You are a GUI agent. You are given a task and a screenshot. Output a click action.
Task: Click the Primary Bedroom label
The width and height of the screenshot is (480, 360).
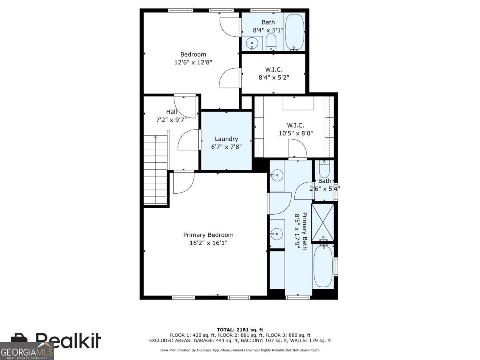coord(208,235)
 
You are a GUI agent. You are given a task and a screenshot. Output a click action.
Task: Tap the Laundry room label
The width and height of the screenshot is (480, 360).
coord(226,139)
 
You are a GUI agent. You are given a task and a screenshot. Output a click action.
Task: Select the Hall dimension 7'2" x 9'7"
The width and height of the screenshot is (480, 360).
coord(172,119)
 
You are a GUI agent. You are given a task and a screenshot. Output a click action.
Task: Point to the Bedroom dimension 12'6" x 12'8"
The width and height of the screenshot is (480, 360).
coord(193,62)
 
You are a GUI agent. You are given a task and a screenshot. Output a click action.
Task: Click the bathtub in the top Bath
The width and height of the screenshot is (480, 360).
coord(295,32)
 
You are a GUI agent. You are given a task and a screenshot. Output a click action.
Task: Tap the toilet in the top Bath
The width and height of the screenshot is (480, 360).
coord(271,42)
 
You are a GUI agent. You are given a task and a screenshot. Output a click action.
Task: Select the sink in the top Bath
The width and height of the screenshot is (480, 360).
coord(252,42)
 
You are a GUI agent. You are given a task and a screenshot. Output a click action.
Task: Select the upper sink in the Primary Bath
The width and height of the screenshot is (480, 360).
coord(276,174)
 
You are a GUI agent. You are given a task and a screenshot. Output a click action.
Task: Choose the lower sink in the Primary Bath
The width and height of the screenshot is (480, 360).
coord(276,233)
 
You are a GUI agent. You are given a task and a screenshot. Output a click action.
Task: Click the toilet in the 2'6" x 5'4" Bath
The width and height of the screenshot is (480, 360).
coord(324,170)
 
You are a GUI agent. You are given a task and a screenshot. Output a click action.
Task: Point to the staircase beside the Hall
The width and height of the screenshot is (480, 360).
coord(156,170)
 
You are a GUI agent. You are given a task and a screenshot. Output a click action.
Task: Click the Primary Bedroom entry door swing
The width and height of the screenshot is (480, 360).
coord(183,182)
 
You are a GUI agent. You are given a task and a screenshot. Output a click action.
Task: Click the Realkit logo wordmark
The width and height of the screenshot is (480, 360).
coord(68,341)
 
